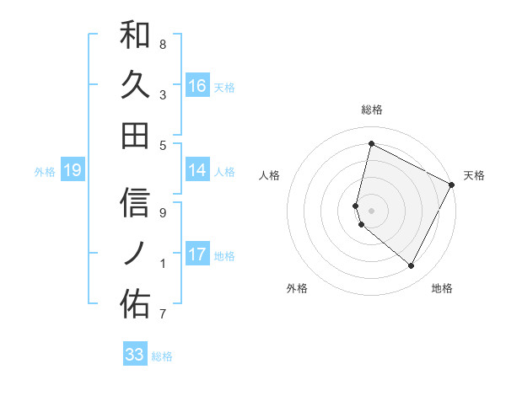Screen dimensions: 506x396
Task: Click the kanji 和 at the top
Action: pyautogui.click(x=135, y=36)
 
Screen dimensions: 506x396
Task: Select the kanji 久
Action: pyautogui.click(x=135, y=85)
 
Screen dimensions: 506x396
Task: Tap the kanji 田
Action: pyautogui.click(x=135, y=134)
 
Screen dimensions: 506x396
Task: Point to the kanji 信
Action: pyautogui.click(x=135, y=203)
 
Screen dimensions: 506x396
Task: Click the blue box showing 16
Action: pyautogui.click(x=197, y=85)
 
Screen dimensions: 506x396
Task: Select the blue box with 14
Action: pyautogui.click(x=197, y=170)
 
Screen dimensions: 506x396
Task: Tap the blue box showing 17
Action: pyautogui.click(x=197, y=254)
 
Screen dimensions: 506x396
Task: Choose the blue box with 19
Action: pyautogui.click(x=73, y=171)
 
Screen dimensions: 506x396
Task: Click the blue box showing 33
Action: pyautogui.click(x=135, y=355)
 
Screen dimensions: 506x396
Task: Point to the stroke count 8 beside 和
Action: pyautogui.click(x=163, y=44)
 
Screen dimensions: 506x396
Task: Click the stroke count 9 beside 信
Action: pyautogui.click(x=163, y=212)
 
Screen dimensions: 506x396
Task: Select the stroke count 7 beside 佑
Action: pyautogui.click(x=163, y=315)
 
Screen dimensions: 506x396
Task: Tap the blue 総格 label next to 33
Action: pyautogui.click(x=162, y=356)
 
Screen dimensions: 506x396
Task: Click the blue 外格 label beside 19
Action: pyautogui.click(x=45, y=172)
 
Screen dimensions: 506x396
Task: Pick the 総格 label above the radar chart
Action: pyautogui.click(x=371, y=110)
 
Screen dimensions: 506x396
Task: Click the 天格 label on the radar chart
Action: pyautogui.click(x=474, y=175)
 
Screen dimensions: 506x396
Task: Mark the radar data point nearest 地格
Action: pyautogui.click(x=412, y=266)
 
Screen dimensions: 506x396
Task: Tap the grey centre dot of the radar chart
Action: pyautogui.click(x=371, y=209)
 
